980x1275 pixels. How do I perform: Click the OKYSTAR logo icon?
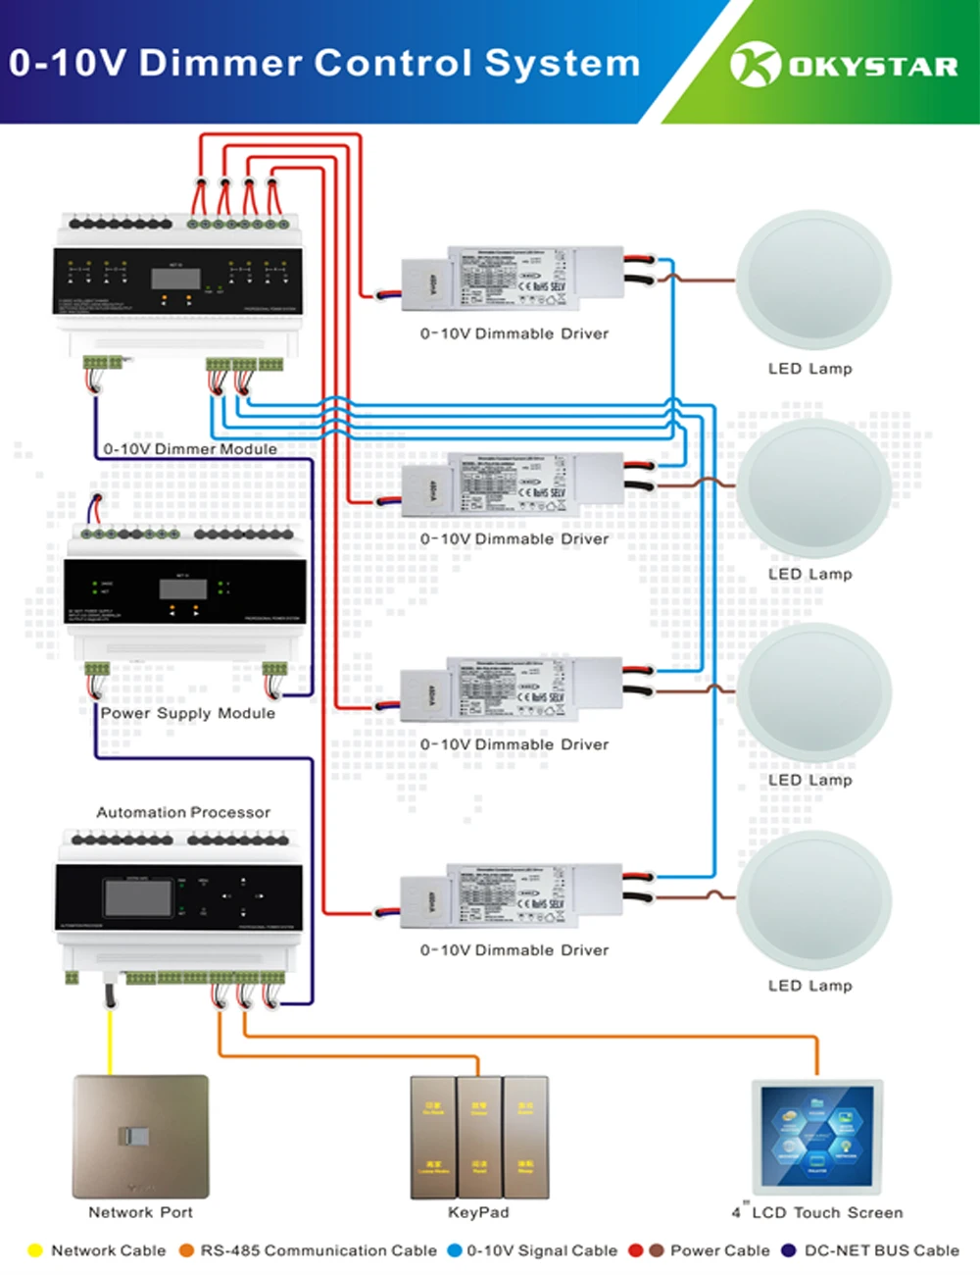[755, 65]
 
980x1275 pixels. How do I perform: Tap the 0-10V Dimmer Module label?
[190, 449]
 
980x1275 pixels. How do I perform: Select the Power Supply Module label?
[187, 713]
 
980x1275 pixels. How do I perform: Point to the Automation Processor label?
[183, 812]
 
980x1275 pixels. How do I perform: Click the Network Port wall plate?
[140, 1136]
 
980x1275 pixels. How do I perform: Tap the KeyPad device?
[478, 1137]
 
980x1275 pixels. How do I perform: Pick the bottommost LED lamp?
[814, 899]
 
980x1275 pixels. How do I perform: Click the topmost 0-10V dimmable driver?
[513, 279]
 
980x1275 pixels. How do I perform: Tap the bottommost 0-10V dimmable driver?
[512, 896]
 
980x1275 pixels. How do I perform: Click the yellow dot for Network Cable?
[35, 1250]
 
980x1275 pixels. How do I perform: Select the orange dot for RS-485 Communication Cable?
[186, 1250]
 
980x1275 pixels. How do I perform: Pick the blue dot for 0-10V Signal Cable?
[454, 1250]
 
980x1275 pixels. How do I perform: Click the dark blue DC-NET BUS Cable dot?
[788, 1250]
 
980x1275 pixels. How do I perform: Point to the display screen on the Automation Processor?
[137, 897]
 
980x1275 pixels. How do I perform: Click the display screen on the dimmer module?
[175, 279]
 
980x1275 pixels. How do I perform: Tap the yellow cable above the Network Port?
[110, 1040]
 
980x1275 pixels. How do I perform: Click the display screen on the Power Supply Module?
[183, 588]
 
